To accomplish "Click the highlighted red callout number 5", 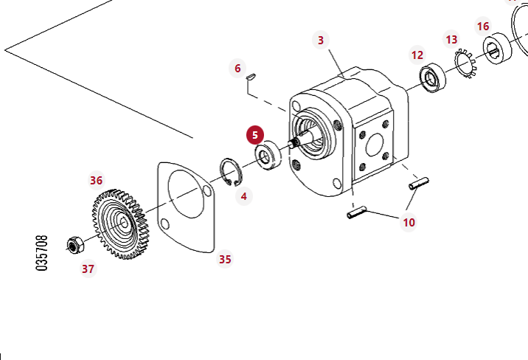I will (x=255, y=135).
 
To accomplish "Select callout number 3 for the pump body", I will (x=321, y=40).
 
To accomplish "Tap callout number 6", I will (x=237, y=69).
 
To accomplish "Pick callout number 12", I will (x=417, y=55).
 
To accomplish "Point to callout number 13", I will (x=452, y=39).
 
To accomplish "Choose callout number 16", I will (x=483, y=27).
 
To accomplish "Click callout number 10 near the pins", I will (x=409, y=221).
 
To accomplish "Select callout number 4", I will (x=243, y=196).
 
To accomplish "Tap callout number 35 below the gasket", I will (x=225, y=259).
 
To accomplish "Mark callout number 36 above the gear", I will (x=96, y=180).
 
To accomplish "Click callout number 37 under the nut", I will (x=88, y=269).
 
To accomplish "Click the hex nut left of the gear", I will (x=74, y=244).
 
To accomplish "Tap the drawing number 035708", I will (x=42, y=253).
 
